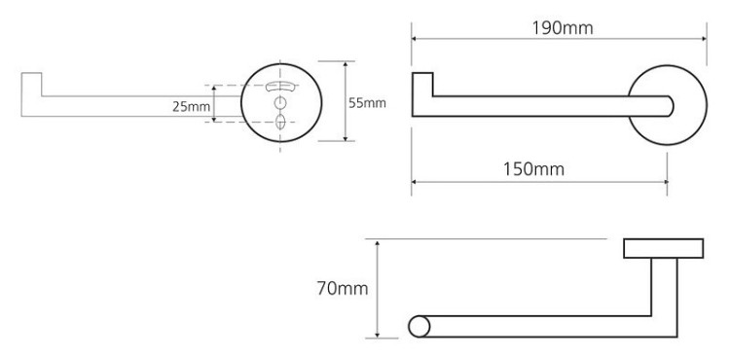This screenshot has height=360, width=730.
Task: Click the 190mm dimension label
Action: click(563, 28)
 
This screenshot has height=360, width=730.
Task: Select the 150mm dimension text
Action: click(533, 169)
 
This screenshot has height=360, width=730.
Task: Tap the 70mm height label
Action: click(343, 289)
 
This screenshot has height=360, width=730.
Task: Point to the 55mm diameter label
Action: click(367, 103)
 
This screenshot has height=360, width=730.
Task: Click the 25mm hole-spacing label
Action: click(191, 107)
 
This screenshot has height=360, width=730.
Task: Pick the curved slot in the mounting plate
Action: click(279, 86)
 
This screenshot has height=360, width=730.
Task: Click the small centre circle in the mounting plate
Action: click(280, 103)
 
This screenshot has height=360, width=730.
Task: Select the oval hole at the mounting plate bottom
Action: click(280, 122)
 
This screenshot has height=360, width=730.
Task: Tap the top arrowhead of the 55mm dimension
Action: click(346, 64)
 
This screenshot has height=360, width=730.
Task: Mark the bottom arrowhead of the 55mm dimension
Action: click(346, 137)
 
